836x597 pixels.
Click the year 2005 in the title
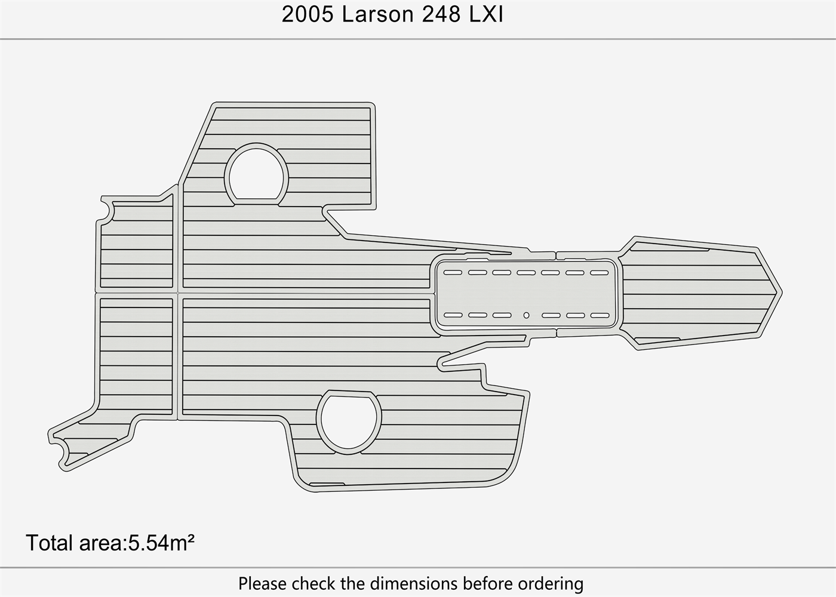pyautogui.click(x=308, y=15)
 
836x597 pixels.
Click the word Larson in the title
pyautogui.click(x=377, y=15)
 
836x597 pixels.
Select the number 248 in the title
pyautogui.click(x=441, y=15)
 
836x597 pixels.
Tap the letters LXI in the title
pyautogui.click(x=486, y=15)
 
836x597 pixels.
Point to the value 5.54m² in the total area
pyautogui.click(x=161, y=543)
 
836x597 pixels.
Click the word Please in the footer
pyautogui.click(x=262, y=583)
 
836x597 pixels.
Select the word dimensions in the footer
pyautogui.click(x=413, y=583)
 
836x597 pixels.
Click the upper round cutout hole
pyautogui.click(x=257, y=174)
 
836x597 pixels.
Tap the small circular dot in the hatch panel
pyautogui.click(x=526, y=315)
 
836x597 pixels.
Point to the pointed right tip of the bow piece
pyautogui.click(x=782, y=293)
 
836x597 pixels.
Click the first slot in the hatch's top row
pyautogui.click(x=453, y=272)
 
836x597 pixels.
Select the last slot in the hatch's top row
pyautogui.click(x=599, y=273)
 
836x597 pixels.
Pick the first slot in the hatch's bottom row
pyautogui.click(x=453, y=315)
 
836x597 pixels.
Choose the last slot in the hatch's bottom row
pyautogui.click(x=600, y=316)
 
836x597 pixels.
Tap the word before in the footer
pyautogui.click(x=487, y=583)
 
